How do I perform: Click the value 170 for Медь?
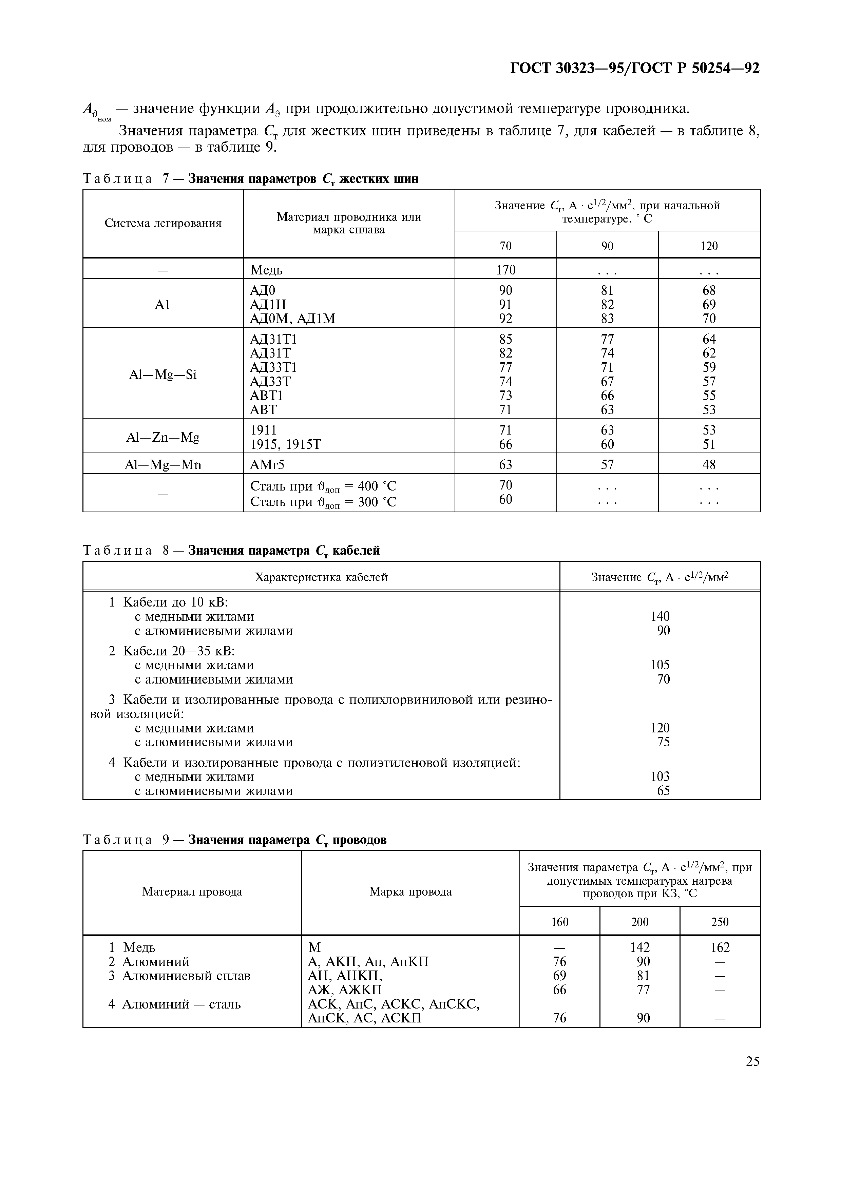pyautogui.click(x=505, y=270)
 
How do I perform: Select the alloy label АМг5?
pyautogui.click(x=267, y=465)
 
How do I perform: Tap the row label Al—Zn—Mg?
pyautogui.click(x=163, y=438)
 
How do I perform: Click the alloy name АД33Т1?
pyautogui.click(x=273, y=367)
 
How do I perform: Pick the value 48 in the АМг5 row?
pyautogui.click(x=709, y=465)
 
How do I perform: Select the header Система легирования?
pyautogui.click(x=163, y=224)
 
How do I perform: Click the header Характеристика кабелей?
pyautogui.click(x=321, y=577)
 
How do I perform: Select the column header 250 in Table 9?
pyautogui.click(x=720, y=922)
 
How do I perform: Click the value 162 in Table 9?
pyautogui.click(x=720, y=948)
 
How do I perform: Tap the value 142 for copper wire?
pyautogui.click(x=639, y=948)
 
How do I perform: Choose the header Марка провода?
pyautogui.click(x=410, y=892)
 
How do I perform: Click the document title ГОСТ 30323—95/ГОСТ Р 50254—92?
pyautogui.click(x=635, y=69)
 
